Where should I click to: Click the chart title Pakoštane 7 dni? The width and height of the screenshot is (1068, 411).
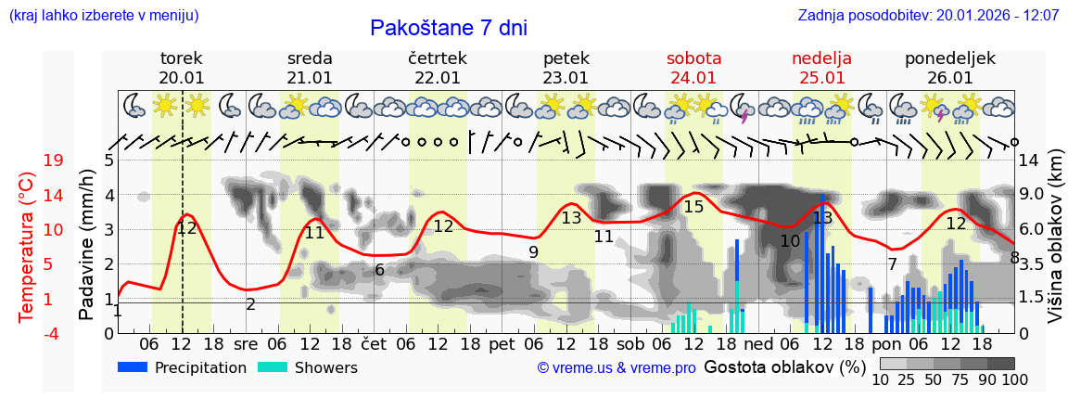coord(448,28)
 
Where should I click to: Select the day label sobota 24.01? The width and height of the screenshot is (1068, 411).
coord(693,68)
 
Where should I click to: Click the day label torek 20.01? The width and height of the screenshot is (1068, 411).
coord(182,68)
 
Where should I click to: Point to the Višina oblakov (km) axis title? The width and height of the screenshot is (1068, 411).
coord(1055,247)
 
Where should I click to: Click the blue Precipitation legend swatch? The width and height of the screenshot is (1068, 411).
coord(133,367)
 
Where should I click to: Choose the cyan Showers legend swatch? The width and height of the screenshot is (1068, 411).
coord(273,367)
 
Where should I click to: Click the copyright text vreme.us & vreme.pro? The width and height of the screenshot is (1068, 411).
coord(617,368)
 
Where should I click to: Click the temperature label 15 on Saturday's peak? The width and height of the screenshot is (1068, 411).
coord(693,207)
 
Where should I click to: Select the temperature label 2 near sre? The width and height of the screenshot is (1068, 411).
coord(250,304)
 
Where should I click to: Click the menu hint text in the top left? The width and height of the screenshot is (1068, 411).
coord(103,16)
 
